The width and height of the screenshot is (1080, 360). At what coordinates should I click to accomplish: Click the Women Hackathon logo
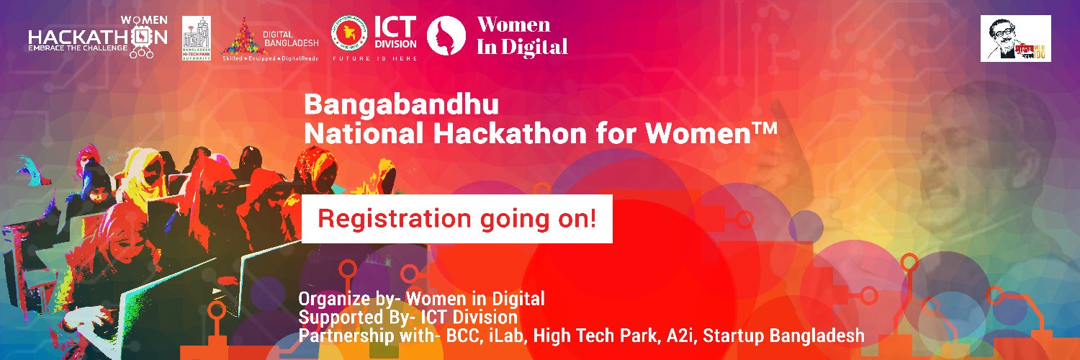pos(97,36)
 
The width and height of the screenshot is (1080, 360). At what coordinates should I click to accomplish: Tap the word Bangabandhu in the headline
pos(401,105)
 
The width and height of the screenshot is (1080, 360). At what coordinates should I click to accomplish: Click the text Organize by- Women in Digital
pos(421,298)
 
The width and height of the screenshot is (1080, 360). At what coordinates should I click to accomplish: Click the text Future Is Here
pos(373,59)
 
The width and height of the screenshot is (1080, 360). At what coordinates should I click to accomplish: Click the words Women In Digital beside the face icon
pos(523,36)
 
